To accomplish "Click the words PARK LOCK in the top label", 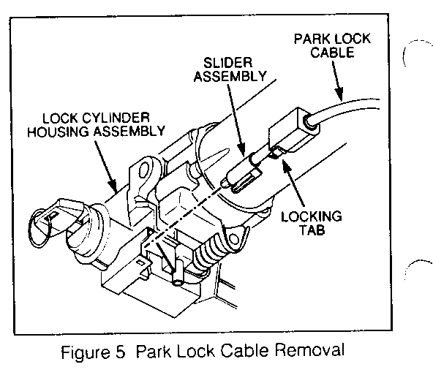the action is click(332, 39).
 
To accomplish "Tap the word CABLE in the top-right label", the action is click(333, 53).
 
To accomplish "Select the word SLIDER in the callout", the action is click(227, 63).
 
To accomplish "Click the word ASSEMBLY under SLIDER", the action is click(230, 76).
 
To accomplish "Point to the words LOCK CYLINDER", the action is click(96, 118).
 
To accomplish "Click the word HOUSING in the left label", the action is click(59, 132).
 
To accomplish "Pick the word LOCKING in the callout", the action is click(312, 216).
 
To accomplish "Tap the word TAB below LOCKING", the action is click(312, 230).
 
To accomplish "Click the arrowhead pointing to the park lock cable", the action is click(339, 94).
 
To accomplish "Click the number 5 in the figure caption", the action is click(120, 351).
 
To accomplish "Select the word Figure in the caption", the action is click(85, 352).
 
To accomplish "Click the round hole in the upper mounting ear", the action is click(144, 170).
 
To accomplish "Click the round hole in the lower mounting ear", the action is click(233, 239).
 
